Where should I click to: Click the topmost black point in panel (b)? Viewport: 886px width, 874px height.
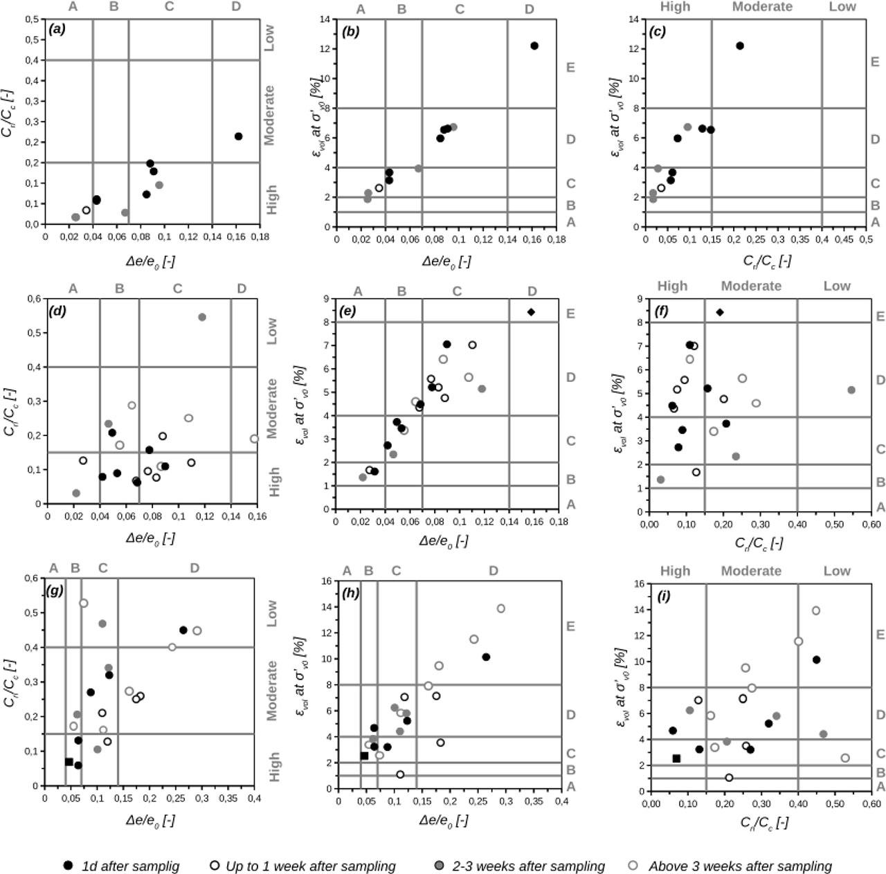[534, 46]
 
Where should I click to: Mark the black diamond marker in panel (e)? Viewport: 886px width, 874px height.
[531, 312]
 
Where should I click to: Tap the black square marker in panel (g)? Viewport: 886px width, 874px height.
[69, 762]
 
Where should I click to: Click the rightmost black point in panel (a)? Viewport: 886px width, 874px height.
[238, 136]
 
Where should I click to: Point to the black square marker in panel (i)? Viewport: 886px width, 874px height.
[676, 758]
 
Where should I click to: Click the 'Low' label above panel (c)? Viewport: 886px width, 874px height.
[842, 7]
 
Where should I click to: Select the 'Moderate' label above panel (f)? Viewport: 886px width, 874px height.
[751, 286]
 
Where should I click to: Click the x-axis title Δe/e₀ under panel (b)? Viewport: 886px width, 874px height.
[446, 261]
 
